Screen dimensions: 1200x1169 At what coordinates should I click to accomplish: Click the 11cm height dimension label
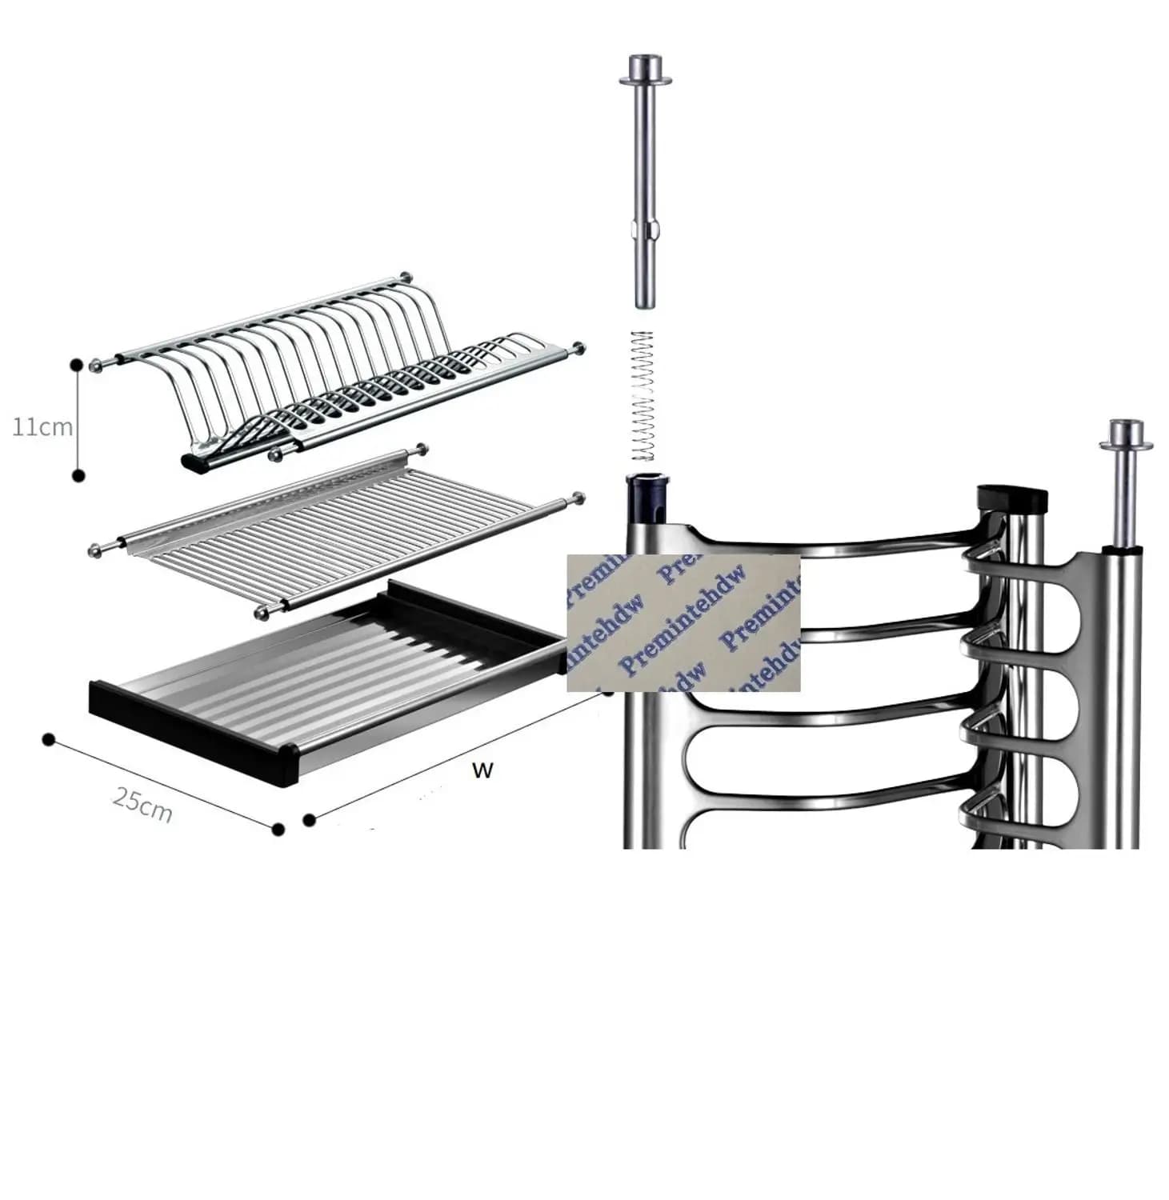tap(42, 427)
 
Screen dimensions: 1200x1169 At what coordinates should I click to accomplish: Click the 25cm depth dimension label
tap(142, 804)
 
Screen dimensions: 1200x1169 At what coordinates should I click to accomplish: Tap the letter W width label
tap(482, 770)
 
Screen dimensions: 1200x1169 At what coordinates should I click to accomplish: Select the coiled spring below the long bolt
tap(643, 395)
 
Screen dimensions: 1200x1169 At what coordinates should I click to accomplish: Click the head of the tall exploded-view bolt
tap(644, 68)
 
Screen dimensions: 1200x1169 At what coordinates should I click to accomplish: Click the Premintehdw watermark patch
tap(683, 622)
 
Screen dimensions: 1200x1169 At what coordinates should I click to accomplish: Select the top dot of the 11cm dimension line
tap(77, 365)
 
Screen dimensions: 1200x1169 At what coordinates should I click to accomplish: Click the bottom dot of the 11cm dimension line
tap(78, 476)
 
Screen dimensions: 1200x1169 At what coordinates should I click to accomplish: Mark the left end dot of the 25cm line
tap(49, 739)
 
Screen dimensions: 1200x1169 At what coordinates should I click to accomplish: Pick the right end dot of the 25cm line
tap(278, 830)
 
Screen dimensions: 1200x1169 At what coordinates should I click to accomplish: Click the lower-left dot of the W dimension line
tap(309, 818)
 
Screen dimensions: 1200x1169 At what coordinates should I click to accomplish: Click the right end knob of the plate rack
tap(578, 348)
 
